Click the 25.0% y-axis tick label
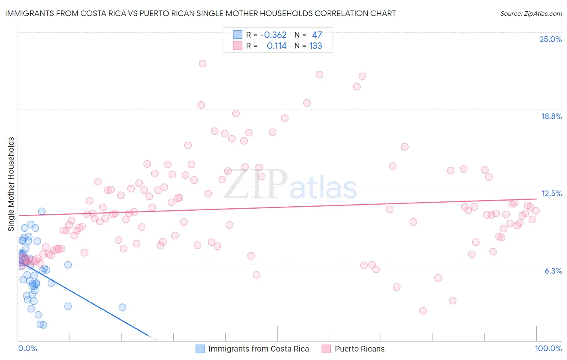click(x=550, y=39)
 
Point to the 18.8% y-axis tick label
click(x=551, y=116)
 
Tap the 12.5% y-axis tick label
click(x=551, y=193)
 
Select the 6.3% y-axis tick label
click(x=553, y=271)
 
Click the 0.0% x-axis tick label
click(x=27, y=348)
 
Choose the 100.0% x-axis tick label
click(x=548, y=348)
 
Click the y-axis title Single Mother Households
click(x=11, y=184)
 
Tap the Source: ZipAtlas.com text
click(x=531, y=14)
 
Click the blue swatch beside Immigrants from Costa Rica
click(x=200, y=349)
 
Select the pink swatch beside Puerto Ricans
click(x=326, y=349)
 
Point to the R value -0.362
click(x=273, y=35)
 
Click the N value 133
click(x=315, y=46)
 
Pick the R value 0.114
click(x=277, y=46)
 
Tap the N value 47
click(x=317, y=35)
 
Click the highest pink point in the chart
click(x=202, y=64)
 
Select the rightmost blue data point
click(x=122, y=307)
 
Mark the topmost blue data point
click(x=42, y=211)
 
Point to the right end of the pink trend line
click(x=536, y=199)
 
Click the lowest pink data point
click(x=423, y=311)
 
